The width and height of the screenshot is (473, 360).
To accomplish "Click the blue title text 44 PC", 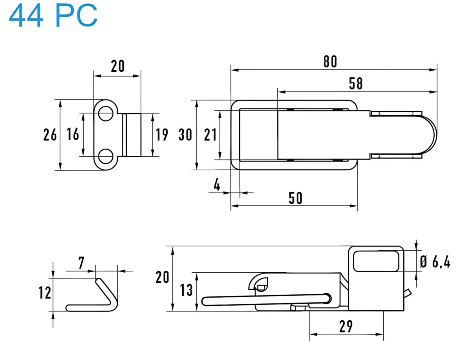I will (53, 16).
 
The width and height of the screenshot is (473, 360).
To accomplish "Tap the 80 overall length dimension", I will (330, 61).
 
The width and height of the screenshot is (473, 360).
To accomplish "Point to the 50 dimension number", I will (296, 198).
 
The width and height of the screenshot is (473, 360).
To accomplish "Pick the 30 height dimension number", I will (185, 134).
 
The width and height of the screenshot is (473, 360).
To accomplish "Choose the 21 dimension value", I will (210, 134).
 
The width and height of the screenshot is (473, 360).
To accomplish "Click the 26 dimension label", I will (50, 134).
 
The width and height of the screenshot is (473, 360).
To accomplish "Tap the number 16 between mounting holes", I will (73, 134).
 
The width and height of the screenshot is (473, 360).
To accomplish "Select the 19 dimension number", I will (162, 134).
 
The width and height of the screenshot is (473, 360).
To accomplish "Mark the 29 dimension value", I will (346, 326).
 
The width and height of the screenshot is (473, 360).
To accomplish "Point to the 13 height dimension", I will (186, 290).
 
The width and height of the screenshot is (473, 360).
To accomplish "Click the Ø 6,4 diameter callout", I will (435, 262).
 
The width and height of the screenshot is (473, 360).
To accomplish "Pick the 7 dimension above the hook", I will (81, 263).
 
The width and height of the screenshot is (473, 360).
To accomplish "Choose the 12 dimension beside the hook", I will (45, 293).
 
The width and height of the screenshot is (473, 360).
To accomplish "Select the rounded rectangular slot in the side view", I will (376, 261).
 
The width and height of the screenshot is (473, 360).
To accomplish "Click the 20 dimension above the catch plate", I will (117, 66).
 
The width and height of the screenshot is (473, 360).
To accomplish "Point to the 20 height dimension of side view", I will (162, 277).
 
